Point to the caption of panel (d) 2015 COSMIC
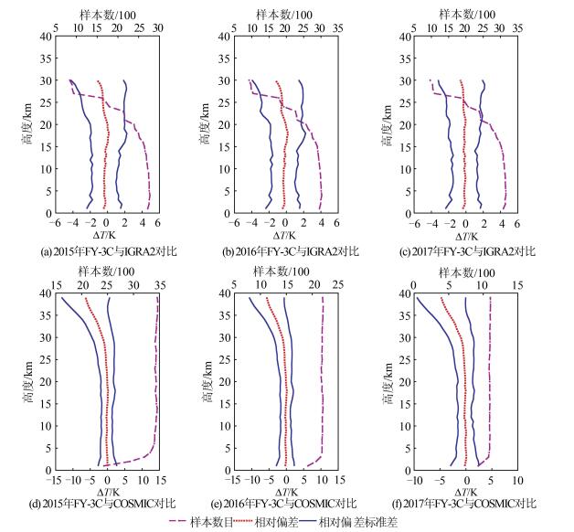pyautogui.click(x=103, y=504)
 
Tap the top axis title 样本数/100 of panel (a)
pyautogui.click(x=107, y=14)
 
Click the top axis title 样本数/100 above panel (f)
pyautogui.click(x=466, y=271)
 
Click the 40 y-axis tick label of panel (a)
pyautogui.click(x=46, y=37)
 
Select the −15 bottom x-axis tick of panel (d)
pyautogui.click(x=56, y=480)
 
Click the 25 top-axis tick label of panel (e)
pyautogui.click(x=337, y=285)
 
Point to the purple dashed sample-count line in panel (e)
pyautogui.click(x=323, y=384)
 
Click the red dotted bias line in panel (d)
pyautogui.click(x=107, y=384)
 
